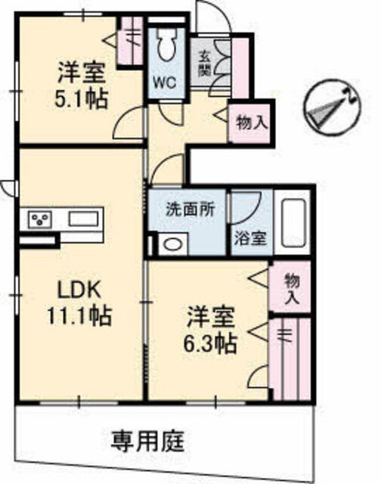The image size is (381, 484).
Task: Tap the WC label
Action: click(x=165, y=82)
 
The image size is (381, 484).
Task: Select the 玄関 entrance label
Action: click(x=204, y=64)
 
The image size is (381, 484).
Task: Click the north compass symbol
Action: click(x=333, y=107)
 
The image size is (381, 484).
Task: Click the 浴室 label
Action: click(x=250, y=238)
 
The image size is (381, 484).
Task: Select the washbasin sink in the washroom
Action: click(x=173, y=244)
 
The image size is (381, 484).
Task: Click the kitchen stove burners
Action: click(x=40, y=219)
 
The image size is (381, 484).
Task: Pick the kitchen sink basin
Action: click(x=84, y=219)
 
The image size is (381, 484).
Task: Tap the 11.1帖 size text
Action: click(x=79, y=316)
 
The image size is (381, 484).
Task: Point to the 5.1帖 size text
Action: click(x=81, y=98)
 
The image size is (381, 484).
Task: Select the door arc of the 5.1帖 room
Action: click(x=128, y=122)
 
